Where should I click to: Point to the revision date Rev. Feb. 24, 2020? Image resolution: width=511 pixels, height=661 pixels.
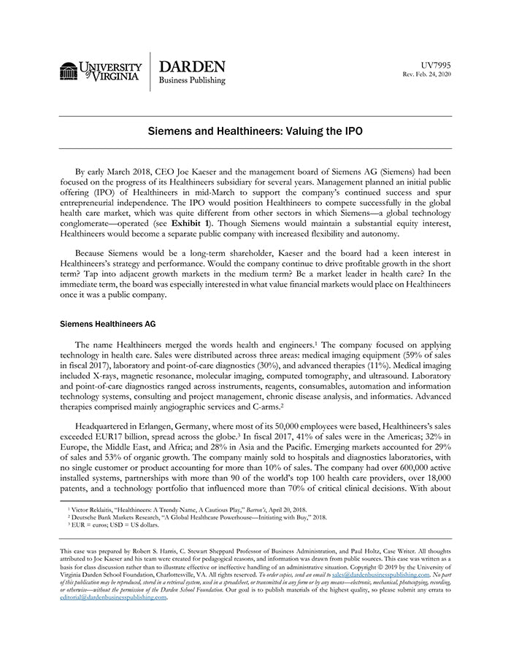427,74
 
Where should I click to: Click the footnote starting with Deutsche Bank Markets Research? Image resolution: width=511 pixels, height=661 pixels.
197,517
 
